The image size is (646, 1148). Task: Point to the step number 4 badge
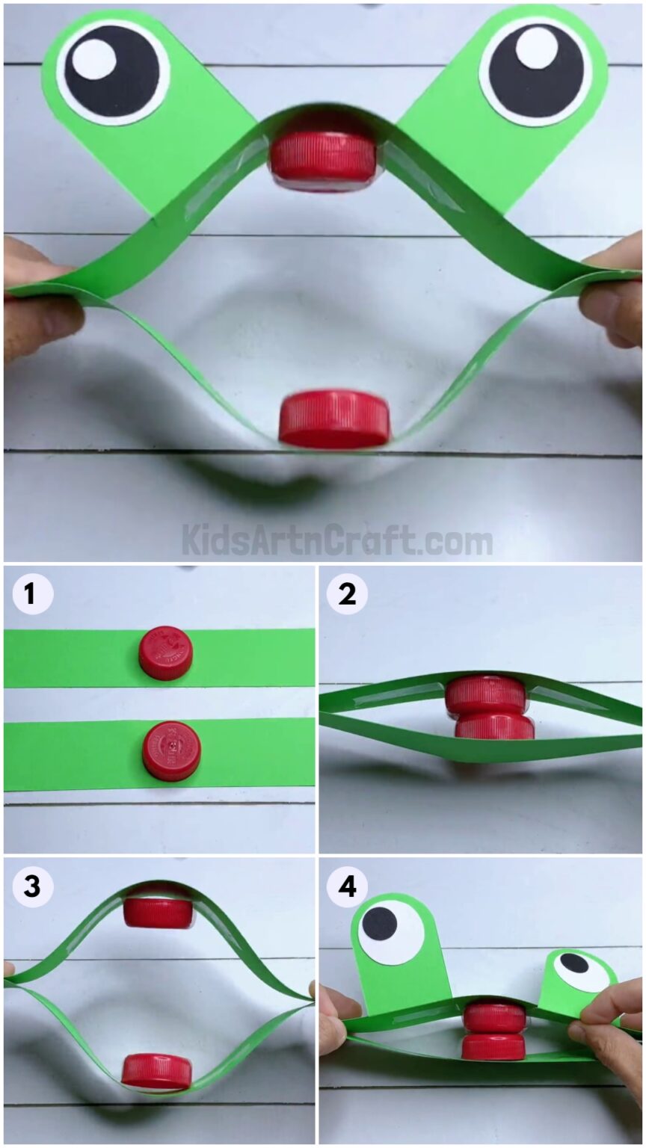coord(347,886)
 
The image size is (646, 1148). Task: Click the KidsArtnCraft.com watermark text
coord(337,540)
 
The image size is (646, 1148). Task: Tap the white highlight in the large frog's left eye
coord(95,58)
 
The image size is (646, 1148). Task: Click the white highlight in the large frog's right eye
coord(536,46)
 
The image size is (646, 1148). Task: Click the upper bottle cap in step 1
coord(166,652)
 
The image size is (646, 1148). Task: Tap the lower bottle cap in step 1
coord(171,750)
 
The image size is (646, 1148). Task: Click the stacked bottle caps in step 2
coord(488,707)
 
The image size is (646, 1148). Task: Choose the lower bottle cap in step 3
coord(157,1070)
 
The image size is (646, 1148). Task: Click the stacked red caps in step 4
coord(493,1031)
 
